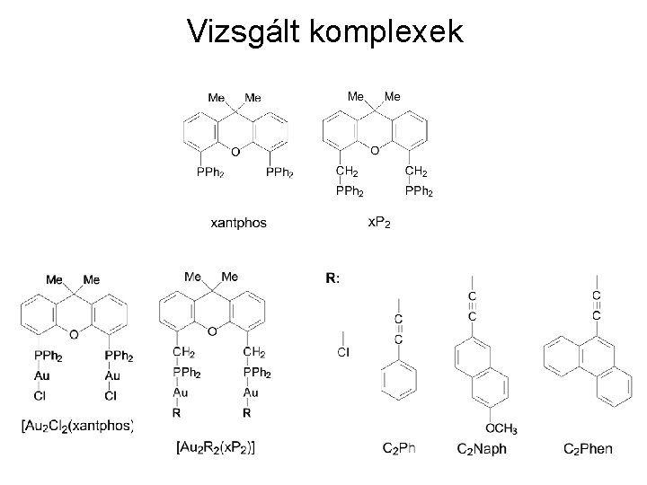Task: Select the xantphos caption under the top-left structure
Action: (x=238, y=223)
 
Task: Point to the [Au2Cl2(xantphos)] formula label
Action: (x=77, y=424)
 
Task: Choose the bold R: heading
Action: (x=332, y=278)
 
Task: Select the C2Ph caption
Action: (x=399, y=447)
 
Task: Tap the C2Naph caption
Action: (x=482, y=447)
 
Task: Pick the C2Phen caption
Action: (x=589, y=447)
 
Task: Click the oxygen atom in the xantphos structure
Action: (x=235, y=151)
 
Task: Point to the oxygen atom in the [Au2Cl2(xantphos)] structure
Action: (x=74, y=334)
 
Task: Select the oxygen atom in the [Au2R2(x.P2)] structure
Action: (x=212, y=332)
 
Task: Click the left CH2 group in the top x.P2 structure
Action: (x=346, y=171)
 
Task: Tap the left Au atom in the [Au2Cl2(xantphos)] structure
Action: (x=40, y=375)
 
